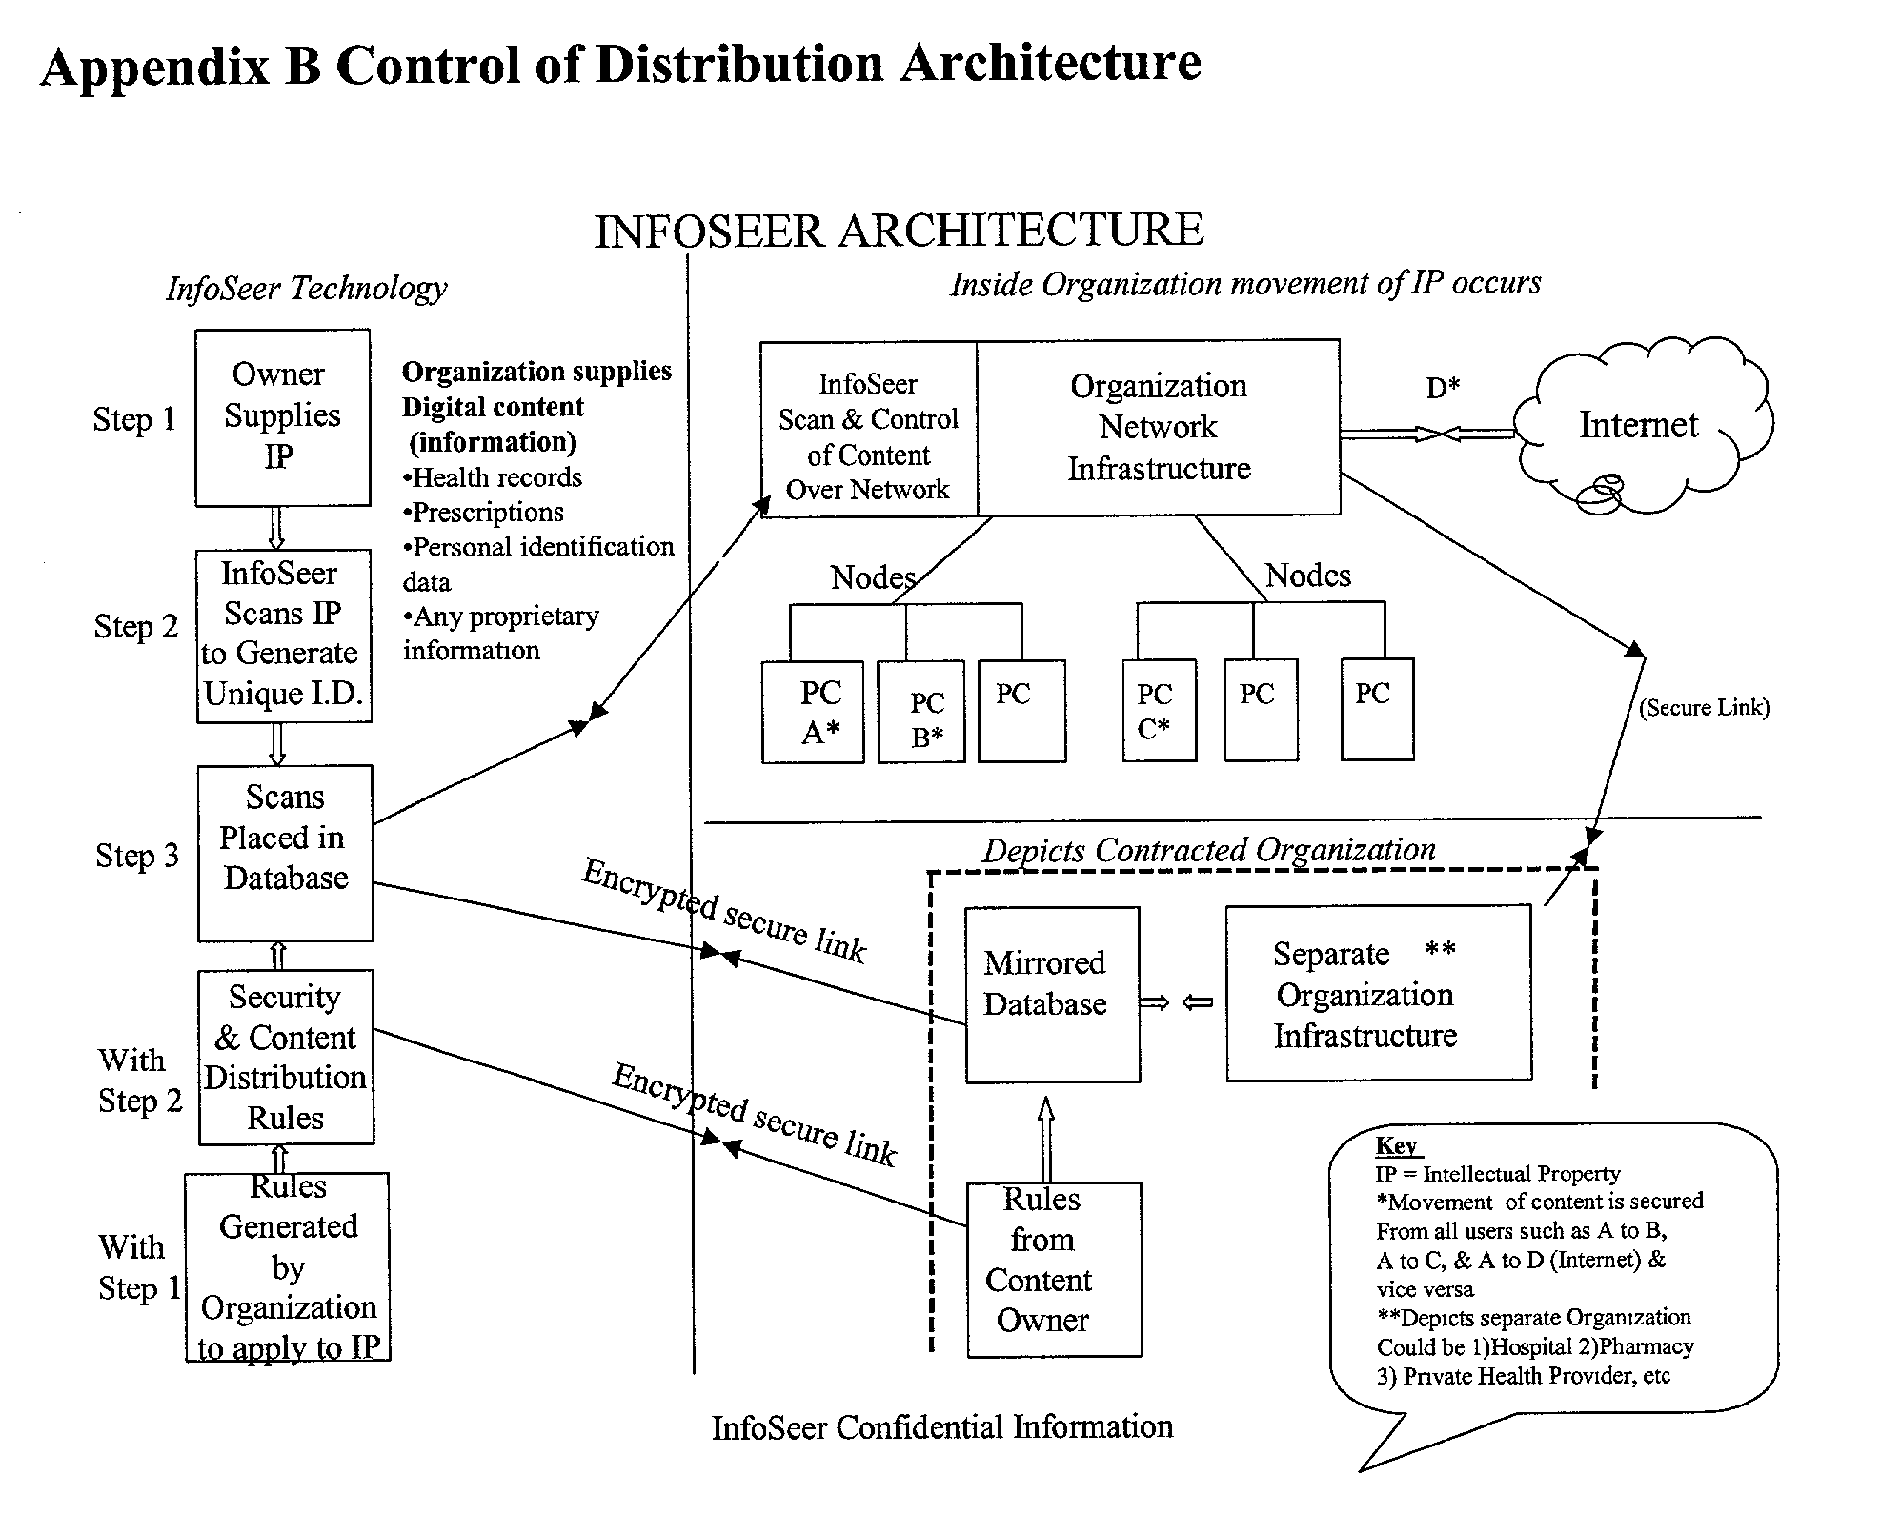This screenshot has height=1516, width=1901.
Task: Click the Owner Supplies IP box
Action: point(282,417)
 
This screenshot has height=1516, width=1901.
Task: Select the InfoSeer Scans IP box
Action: point(283,635)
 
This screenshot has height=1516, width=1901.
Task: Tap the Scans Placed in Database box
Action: point(285,852)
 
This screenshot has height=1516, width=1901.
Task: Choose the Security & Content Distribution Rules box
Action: point(286,1057)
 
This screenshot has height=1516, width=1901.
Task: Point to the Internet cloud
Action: point(1639,425)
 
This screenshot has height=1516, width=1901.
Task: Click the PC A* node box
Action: point(813,712)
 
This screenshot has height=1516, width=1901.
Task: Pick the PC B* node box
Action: point(921,713)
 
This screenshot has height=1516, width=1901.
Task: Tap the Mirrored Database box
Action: point(1052,994)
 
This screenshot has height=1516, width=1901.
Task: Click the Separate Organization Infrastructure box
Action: point(1378,993)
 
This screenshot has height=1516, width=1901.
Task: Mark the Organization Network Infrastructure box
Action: point(1159,428)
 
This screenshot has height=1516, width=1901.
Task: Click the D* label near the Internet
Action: point(1443,388)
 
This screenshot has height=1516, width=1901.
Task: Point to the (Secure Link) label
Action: point(1704,708)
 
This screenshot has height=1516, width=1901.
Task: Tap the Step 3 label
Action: point(137,856)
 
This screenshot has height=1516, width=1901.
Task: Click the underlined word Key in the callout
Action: point(1396,1146)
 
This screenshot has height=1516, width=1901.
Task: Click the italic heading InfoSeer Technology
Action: point(306,288)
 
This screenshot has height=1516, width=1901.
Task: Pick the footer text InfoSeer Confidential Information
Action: point(941,1427)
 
